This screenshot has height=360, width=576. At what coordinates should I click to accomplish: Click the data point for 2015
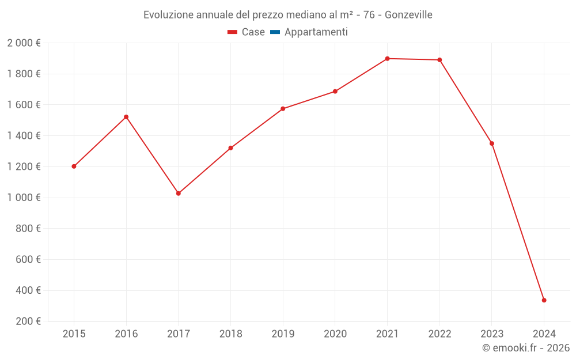tap(74, 166)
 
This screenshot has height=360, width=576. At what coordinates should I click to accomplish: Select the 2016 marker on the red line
tap(126, 117)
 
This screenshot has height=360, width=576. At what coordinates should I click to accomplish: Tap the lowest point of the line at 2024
tap(544, 300)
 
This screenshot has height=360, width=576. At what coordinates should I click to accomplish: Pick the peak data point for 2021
tap(387, 59)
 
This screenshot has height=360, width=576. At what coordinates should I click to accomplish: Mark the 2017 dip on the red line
tap(179, 194)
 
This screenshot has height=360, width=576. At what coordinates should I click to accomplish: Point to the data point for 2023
tap(491, 143)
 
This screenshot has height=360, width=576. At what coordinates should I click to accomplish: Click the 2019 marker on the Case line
tap(283, 109)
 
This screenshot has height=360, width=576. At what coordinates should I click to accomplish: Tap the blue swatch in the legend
tap(275, 32)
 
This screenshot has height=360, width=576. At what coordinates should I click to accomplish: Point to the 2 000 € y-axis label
tap(24, 43)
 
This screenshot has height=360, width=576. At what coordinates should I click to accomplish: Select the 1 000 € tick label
tap(24, 198)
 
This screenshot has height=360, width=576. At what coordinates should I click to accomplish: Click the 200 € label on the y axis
tap(28, 321)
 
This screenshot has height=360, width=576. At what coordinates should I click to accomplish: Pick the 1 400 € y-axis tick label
tap(24, 135)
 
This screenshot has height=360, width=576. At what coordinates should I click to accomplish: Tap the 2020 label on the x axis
tap(335, 334)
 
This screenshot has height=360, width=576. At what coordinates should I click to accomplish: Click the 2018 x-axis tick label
tap(230, 334)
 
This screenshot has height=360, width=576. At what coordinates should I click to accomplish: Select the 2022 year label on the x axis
tap(439, 334)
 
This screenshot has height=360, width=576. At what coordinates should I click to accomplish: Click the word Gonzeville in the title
tap(408, 14)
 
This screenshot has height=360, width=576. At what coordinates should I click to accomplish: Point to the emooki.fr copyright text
tap(526, 348)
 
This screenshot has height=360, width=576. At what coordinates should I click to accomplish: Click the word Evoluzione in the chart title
tap(168, 14)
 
